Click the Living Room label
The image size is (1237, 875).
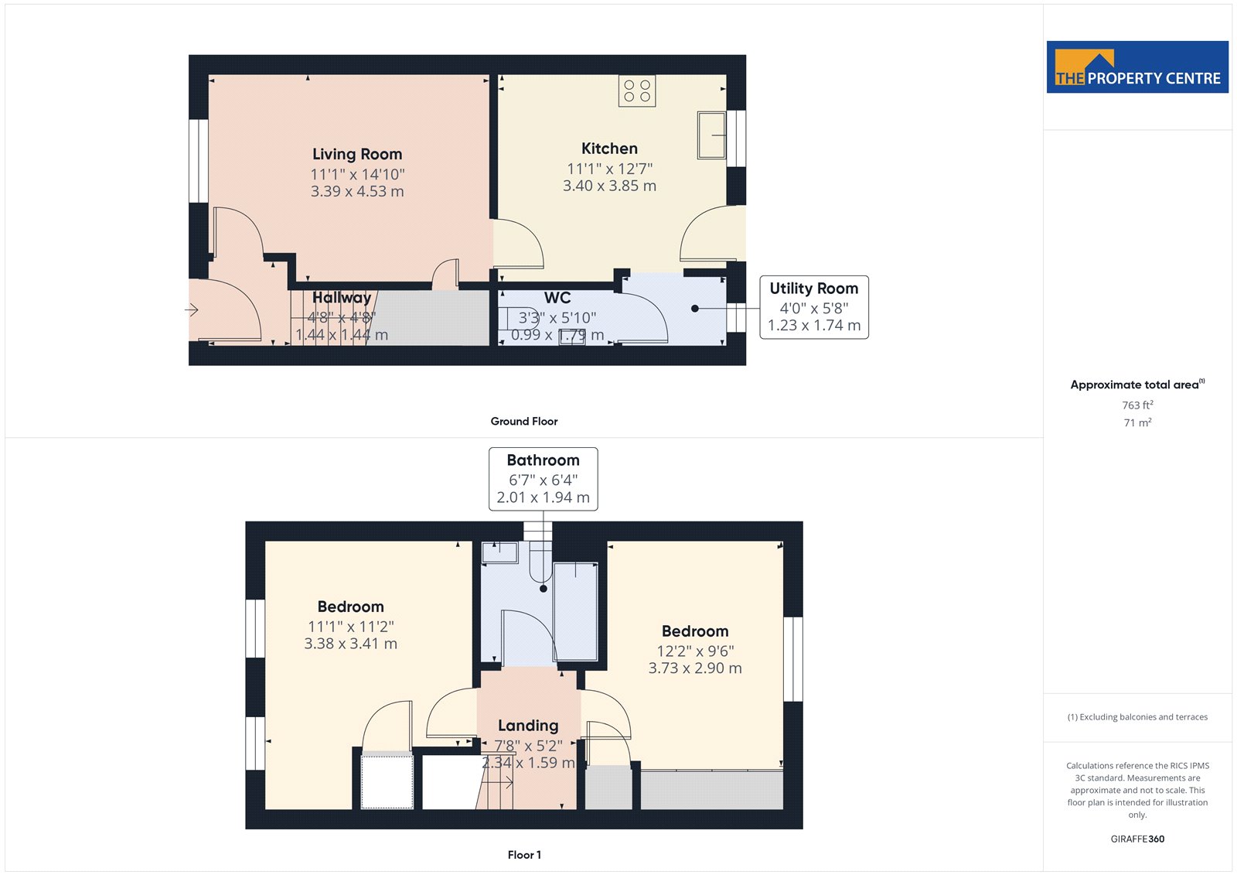click(x=357, y=154)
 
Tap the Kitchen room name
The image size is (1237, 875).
click(x=609, y=149)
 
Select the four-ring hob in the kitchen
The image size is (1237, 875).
click(x=637, y=91)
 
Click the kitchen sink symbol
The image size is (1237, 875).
click(x=711, y=135)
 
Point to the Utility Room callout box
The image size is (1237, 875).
click(x=814, y=307)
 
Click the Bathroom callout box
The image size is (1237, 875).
click(x=543, y=479)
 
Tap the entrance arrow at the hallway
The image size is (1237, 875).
click(x=191, y=309)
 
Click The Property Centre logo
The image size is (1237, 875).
click(x=1137, y=67)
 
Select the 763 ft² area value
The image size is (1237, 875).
click(x=1137, y=405)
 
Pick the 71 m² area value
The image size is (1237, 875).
click(x=1137, y=423)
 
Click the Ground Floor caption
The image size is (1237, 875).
click(x=524, y=421)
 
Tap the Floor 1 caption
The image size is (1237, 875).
click(x=524, y=855)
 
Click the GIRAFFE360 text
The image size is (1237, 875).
click(x=1137, y=839)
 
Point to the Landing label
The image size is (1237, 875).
click(x=528, y=726)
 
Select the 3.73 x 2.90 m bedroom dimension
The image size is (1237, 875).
click(x=695, y=668)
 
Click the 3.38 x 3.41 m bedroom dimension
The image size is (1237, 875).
click(x=351, y=644)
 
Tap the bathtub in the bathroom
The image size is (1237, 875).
click(x=575, y=611)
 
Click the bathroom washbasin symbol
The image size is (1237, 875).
click(x=499, y=552)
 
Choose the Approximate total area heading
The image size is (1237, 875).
click(x=1137, y=385)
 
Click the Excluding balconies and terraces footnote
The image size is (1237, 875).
click(x=1137, y=717)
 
